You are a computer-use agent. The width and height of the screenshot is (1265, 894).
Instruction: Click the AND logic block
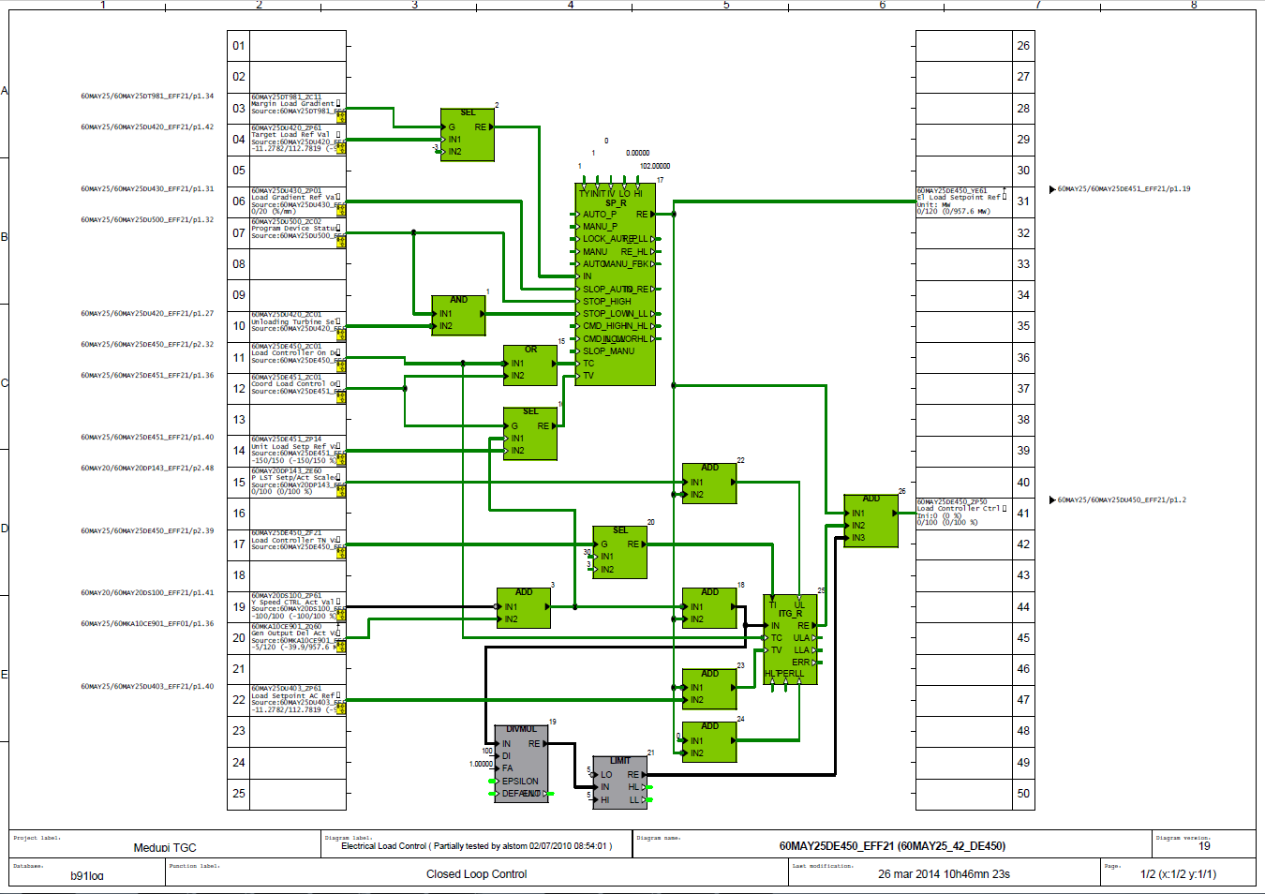pyautogui.click(x=458, y=316)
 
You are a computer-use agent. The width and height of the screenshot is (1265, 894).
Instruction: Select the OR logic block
pyautogui.click(x=530, y=365)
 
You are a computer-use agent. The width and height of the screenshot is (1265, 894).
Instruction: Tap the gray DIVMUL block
pyautogui.click(x=521, y=764)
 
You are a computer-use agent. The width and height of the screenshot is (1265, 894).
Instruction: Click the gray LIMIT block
pyautogui.click(x=619, y=782)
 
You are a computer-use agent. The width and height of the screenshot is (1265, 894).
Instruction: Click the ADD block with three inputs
pyautogui.click(x=871, y=521)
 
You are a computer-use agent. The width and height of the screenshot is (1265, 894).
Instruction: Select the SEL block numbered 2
pyautogui.click(x=468, y=135)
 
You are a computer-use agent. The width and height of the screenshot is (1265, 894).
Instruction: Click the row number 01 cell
pyautogui.click(x=239, y=46)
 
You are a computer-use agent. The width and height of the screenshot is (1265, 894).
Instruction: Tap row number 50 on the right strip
pyautogui.click(x=1023, y=794)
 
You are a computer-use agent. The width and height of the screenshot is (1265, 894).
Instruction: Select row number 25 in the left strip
pyautogui.click(x=239, y=794)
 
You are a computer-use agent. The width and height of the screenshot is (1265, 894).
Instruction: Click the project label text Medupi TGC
pyautogui.click(x=165, y=847)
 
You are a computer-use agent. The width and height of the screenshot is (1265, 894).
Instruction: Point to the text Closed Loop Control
pyautogui.click(x=476, y=874)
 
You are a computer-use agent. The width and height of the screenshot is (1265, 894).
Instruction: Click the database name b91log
pyautogui.click(x=87, y=876)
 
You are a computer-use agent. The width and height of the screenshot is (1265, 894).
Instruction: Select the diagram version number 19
pyautogui.click(x=1204, y=846)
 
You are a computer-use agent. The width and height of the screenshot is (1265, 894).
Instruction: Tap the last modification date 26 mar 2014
pyautogui.click(x=944, y=874)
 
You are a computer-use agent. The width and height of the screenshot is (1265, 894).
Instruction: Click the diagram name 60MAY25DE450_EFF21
pyautogui.click(x=892, y=846)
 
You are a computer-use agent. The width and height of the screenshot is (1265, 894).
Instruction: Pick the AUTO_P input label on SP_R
pyautogui.click(x=600, y=215)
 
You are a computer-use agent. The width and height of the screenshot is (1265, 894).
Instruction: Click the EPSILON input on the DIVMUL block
pyautogui.click(x=520, y=781)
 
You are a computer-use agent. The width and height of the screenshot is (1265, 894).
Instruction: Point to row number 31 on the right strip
pyautogui.click(x=1023, y=201)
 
